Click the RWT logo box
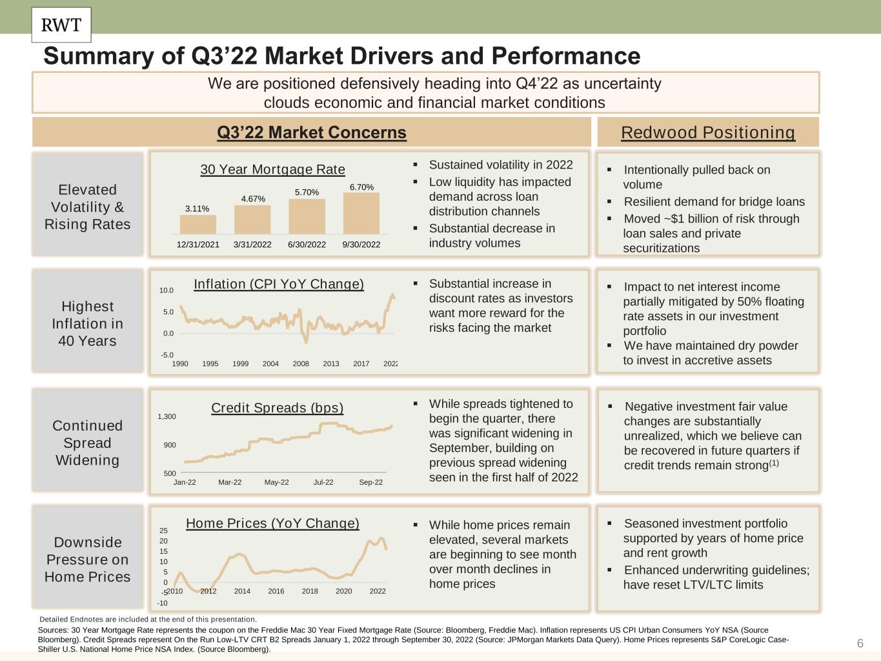click(x=61, y=25)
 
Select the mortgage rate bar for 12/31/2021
click(x=197, y=225)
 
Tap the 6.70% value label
click(x=361, y=187)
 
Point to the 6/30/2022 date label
click(x=307, y=245)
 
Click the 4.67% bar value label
click(x=253, y=199)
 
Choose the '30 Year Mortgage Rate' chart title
click(x=272, y=170)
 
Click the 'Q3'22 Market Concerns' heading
click(x=312, y=132)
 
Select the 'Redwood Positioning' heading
click(x=708, y=132)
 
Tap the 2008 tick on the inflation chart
click(x=301, y=364)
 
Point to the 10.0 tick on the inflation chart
click(x=167, y=290)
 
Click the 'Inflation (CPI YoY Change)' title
click(x=279, y=284)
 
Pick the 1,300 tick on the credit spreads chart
click(x=167, y=417)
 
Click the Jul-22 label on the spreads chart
click(x=323, y=482)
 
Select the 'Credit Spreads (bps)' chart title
click(x=278, y=408)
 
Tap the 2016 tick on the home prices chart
click(x=276, y=591)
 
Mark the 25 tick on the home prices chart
click(x=163, y=531)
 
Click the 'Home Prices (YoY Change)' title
click(x=272, y=524)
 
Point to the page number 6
click(x=860, y=644)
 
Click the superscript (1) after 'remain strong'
click(x=774, y=463)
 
